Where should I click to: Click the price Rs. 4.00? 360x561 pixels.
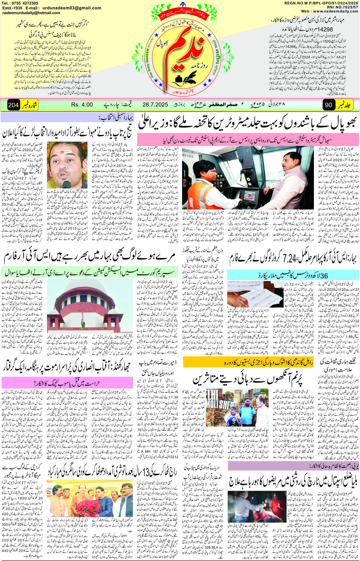pyautogui.click(x=82, y=105)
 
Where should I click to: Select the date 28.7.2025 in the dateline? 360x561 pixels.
pyautogui.click(x=155, y=105)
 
